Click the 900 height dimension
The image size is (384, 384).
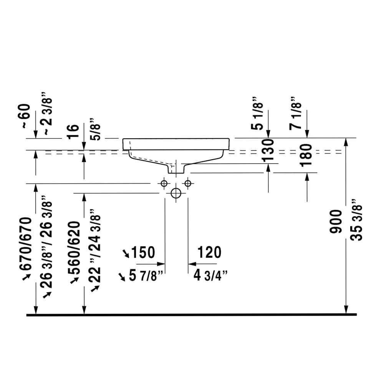coord(336,222)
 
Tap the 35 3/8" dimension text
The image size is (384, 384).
coord(356,220)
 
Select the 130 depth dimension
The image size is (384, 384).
coord(268,150)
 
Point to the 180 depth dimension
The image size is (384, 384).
coord(306,155)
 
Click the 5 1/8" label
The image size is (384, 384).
coord(257,113)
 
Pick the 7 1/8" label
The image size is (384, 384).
coord(295,113)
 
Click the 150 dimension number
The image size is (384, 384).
coord(143,252)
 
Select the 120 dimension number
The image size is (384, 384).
coord(209,252)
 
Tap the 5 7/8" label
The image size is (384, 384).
coord(146,275)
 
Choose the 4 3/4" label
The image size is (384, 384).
coord(210,275)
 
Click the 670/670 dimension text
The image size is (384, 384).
coord(26,244)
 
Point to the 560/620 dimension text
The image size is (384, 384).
coord(74,248)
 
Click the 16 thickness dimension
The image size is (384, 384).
coord(73,132)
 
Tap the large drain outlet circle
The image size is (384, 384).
coord(176,193)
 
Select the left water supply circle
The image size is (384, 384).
coord(164,183)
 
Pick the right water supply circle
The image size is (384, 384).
coord(188,183)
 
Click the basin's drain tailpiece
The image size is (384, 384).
coord(176,169)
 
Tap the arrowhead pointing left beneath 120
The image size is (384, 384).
coord(192,264)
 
